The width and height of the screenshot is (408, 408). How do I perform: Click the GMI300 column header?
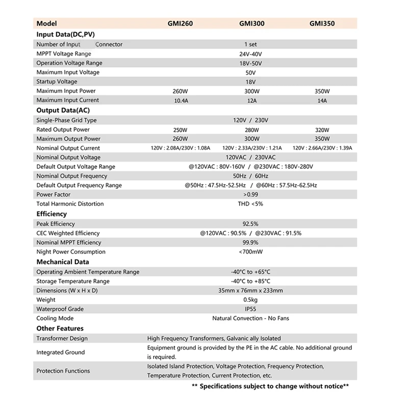pyautogui.click(x=250, y=24)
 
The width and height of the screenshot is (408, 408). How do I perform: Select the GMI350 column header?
pyautogui.click(x=322, y=24)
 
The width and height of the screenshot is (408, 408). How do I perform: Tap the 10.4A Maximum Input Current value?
pyautogui.click(x=181, y=100)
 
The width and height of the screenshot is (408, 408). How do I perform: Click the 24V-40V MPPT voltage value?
pyautogui.click(x=250, y=54)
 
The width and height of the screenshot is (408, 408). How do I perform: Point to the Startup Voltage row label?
pyautogui.click(x=57, y=82)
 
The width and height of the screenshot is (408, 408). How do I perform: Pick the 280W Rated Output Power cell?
pyautogui.click(x=250, y=130)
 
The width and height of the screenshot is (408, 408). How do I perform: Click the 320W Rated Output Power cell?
pyautogui.click(x=322, y=130)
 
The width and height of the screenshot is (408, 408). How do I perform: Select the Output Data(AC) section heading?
pyautogui.click(x=63, y=110)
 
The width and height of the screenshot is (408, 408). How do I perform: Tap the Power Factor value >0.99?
pyautogui.click(x=250, y=195)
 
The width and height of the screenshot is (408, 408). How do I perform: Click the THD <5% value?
pyautogui.click(x=250, y=204)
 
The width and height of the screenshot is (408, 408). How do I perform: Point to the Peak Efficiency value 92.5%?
pyautogui.click(x=250, y=224)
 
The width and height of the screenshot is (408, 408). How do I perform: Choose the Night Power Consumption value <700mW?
pyautogui.click(x=250, y=252)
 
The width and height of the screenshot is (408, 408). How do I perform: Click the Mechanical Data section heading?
pyautogui.click(x=62, y=262)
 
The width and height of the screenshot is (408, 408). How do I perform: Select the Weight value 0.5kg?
pyautogui.click(x=250, y=300)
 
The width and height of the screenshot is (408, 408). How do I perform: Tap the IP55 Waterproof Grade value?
pyautogui.click(x=250, y=309)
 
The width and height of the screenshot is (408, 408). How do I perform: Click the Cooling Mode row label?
pyautogui.click(x=55, y=318)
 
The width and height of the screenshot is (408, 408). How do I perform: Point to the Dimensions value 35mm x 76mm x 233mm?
pyautogui.click(x=250, y=291)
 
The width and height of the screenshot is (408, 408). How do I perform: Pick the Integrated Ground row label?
pyautogui.click(x=61, y=352)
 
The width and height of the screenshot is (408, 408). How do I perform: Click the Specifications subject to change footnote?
pyautogui.click(x=270, y=387)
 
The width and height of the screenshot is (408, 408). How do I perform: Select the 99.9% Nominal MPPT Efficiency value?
pyautogui.click(x=250, y=243)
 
